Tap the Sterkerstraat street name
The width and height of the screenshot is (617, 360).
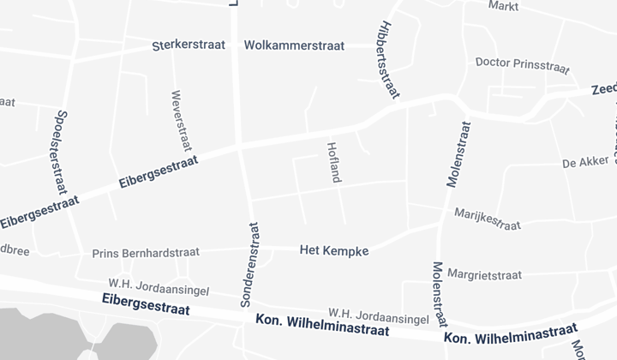point(189,45)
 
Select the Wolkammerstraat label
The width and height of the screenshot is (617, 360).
point(294,45)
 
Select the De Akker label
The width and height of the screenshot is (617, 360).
point(584,162)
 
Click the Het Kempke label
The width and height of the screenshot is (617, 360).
point(334,250)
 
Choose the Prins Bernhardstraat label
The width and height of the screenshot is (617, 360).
point(146,253)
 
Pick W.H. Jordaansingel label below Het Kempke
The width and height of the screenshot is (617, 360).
point(378,315)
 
